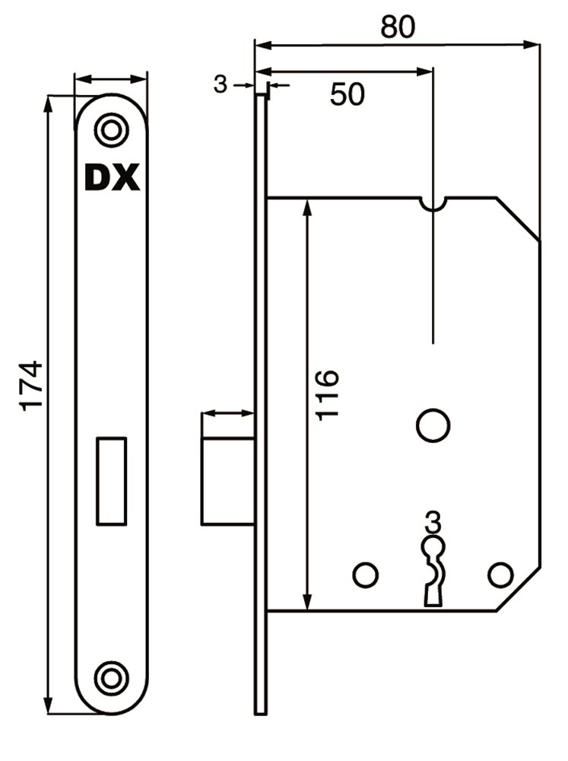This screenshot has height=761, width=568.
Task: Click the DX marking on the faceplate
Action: coord(112,177)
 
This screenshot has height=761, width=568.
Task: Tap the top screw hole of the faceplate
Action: coord(112,130)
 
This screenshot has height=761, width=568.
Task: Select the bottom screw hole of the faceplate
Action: coord(112,678)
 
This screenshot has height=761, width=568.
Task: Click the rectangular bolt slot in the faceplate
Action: coord(112,481)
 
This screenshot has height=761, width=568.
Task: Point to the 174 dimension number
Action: coord(31,386)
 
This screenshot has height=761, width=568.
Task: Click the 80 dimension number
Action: coord(398,27)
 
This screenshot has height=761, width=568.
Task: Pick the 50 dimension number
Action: coord(347,94)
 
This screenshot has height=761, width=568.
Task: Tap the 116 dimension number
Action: coord(327,394)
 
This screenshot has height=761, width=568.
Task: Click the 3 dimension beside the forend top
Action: coord(221,85)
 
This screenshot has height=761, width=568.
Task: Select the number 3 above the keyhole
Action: coord(433,522)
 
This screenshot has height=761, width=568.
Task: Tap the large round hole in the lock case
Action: coord(433,425)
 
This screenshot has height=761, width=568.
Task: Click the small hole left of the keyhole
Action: coord(366,575)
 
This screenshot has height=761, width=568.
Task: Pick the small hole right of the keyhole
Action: coord(500,575)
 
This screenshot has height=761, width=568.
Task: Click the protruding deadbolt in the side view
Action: coord(228,481)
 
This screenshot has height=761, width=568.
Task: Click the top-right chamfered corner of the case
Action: coord(518,218)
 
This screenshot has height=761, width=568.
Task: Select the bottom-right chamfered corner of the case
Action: coord(518,589)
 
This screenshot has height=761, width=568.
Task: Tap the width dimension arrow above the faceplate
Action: coord(110,78)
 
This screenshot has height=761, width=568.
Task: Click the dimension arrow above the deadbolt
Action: coord(228,413)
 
